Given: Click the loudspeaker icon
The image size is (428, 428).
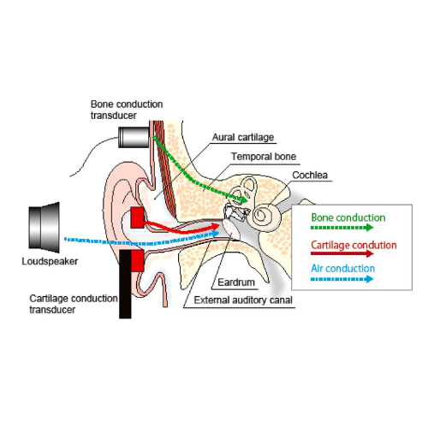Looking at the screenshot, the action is pyautogui.click(x=45, y=228).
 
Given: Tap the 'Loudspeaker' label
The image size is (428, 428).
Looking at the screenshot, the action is pyautogui.click(x=50, y=261).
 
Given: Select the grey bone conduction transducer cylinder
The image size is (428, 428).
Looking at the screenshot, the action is pyautogui.click(x=134, y=137).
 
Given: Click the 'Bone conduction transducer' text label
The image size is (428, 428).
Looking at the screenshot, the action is pyautogui.click(x=127, y=110).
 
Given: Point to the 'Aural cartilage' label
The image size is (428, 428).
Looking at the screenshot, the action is pyautogui.click(x=243, y=137).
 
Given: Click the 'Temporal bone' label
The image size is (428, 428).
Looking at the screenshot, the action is pyautogui.click(x=264, y=157).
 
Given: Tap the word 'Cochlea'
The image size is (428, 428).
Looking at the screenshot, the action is pyautogui.click(x=310, y=175).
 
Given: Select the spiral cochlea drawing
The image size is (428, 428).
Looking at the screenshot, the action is pyautogui.click(x=264, y=215).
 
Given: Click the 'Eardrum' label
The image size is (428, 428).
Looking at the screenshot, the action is pyautogui.click(x=236, y=282).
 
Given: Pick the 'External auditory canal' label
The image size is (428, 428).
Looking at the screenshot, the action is pyautogui.click(x=243, y=300).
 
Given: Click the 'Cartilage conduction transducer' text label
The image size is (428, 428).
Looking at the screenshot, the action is pyautogui.click(x=74, y=304).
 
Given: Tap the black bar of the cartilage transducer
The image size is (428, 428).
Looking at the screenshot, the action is pyautogui.click(x=125, y=284).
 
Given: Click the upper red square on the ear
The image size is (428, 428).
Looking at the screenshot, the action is pyautogui.click(x=137, y=217).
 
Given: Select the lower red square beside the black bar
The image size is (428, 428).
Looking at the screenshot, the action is pyautogui.click(x=138, y=260).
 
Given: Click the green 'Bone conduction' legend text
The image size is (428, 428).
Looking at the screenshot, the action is pyautogui.click(x=348, y=217).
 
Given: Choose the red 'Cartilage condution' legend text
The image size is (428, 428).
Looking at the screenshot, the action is pyautogui.click(x=354, y=245).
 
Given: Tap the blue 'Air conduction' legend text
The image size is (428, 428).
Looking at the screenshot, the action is pyautogui.click(x=343, y=269).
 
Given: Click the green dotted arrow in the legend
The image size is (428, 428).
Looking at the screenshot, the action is pyautogui.click(x=342, y=228).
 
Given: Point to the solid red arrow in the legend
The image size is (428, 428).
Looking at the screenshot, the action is pyautogui.click(x=342, y=253).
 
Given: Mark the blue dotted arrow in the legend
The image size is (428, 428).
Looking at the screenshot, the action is pyautogui.click(x=342, y=279).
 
